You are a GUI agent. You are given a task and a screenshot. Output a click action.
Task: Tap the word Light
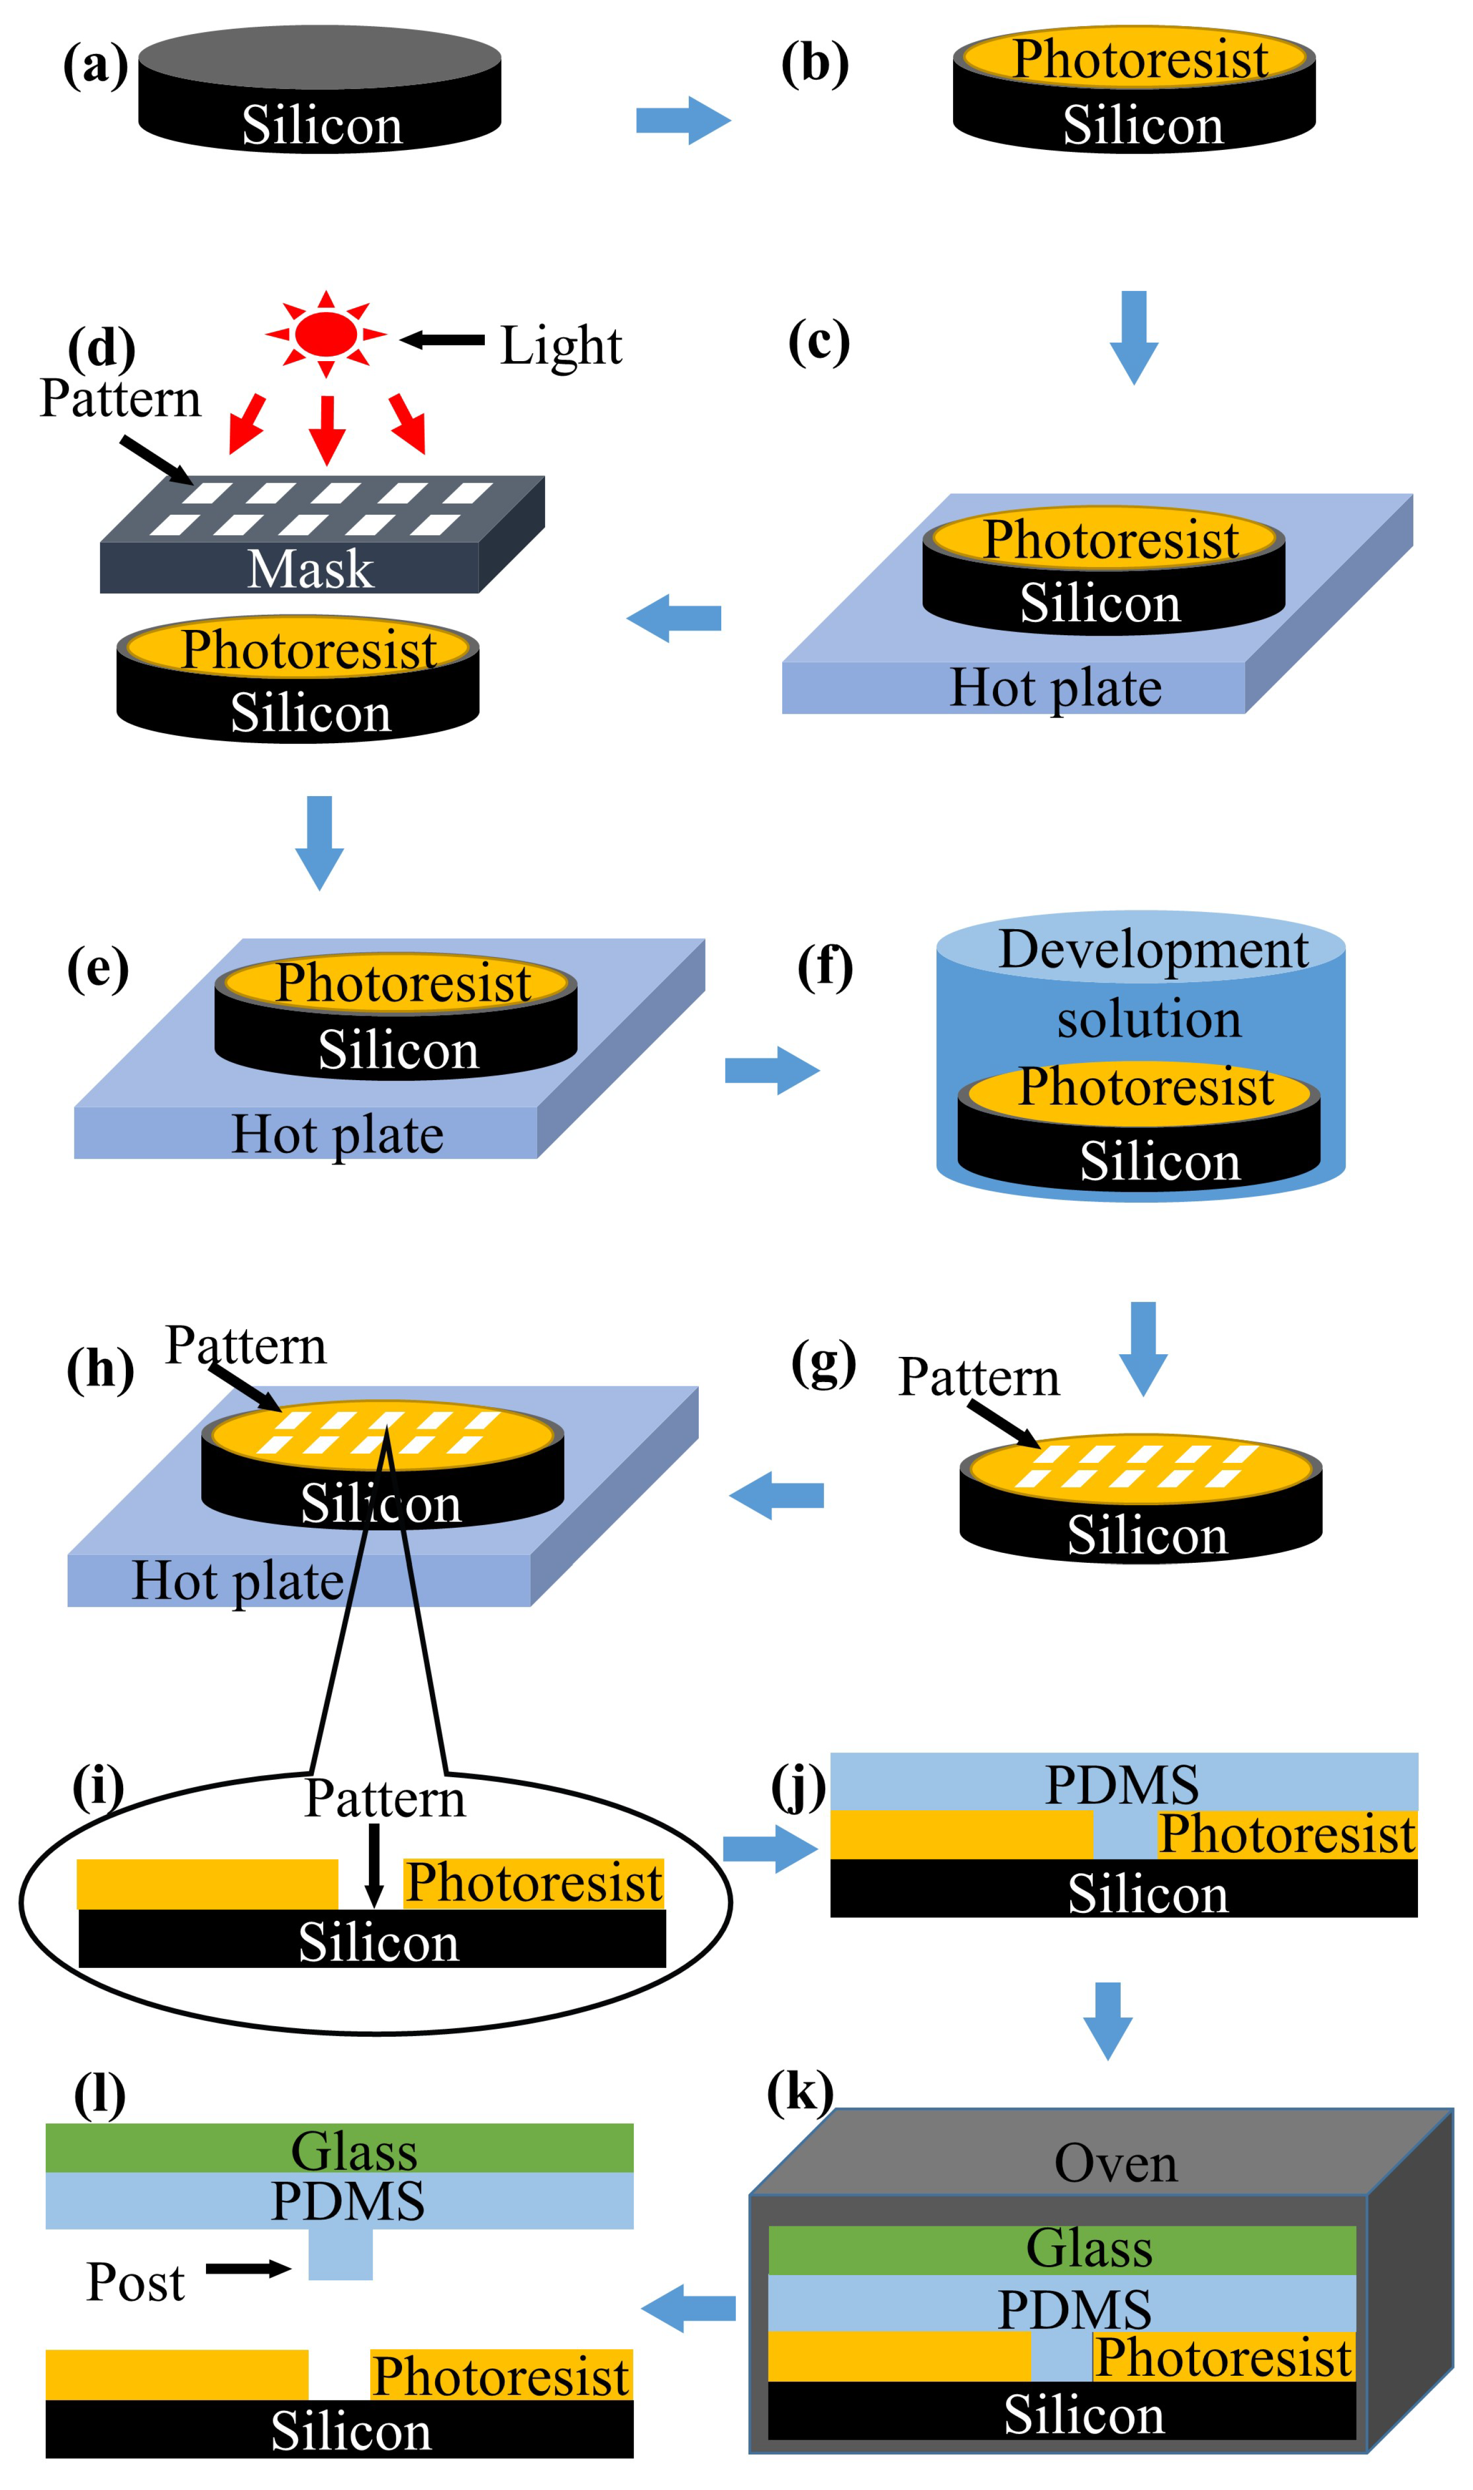coord(561,345)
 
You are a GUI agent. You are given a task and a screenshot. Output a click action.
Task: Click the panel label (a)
coord(95,66)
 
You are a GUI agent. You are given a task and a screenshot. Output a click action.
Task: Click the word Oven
coord(1115,2163)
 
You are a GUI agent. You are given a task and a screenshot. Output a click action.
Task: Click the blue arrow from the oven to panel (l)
coord(689,2308)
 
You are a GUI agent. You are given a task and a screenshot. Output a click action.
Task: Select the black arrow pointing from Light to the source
coord(443,340)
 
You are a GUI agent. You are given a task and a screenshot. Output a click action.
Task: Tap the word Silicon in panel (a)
coord(322,125)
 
